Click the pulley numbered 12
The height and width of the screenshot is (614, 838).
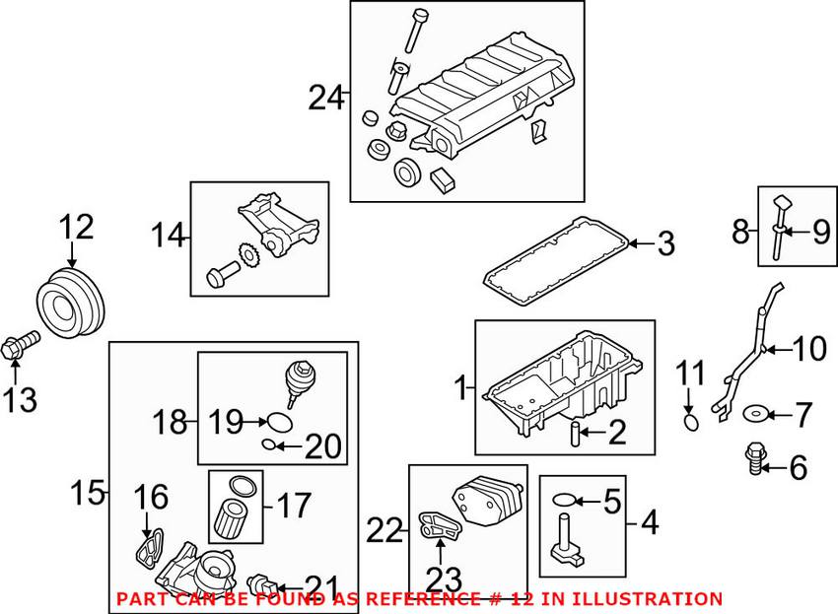click(71, 304)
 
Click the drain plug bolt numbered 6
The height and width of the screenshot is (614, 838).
click(754, 458)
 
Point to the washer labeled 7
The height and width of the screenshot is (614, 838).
click(755, 413)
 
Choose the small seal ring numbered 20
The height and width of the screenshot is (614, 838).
click(269, 444)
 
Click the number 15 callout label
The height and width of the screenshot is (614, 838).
click(88, 492)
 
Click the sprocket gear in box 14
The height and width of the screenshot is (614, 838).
click(246, 256)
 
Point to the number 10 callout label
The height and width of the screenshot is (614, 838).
click(809, 349)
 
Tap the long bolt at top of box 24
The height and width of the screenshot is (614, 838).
click(415, 31)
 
